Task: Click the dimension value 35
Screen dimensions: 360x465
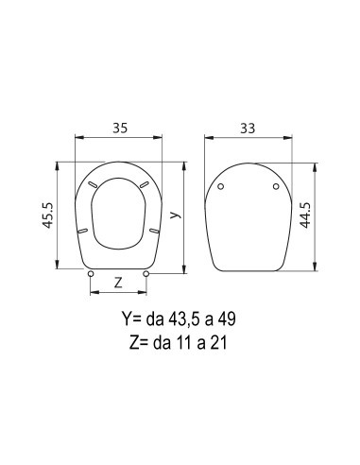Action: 120,129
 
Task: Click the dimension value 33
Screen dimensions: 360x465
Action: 248,129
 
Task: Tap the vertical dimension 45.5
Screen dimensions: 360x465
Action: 48,215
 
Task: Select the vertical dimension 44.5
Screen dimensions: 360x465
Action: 305,215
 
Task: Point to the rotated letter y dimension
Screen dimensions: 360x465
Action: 176,215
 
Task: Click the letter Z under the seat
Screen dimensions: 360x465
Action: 118,283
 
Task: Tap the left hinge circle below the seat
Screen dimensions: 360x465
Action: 91,274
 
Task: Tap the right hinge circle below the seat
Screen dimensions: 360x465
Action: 146,274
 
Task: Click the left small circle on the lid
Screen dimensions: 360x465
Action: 221,186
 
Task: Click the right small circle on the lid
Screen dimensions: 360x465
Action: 276,186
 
